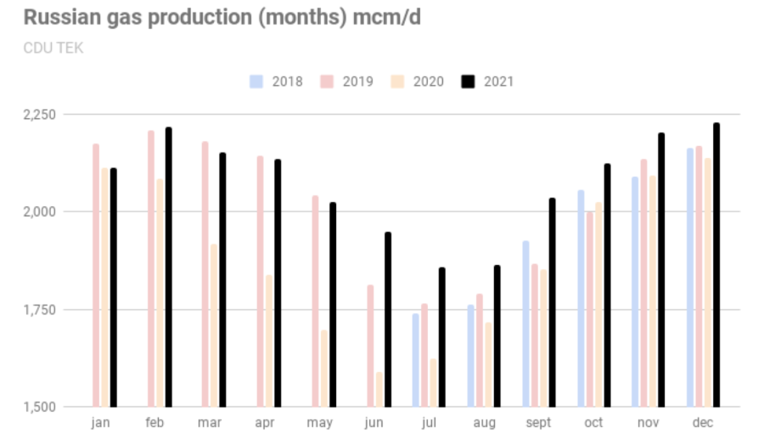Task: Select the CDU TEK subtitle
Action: click(53, 48)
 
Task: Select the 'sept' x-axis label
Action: click(538, 422)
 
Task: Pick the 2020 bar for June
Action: click(379, 390)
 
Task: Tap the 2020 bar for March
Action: click(214, 326)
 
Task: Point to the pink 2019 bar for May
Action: click(316, 301)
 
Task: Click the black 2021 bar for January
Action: click(113, 288)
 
